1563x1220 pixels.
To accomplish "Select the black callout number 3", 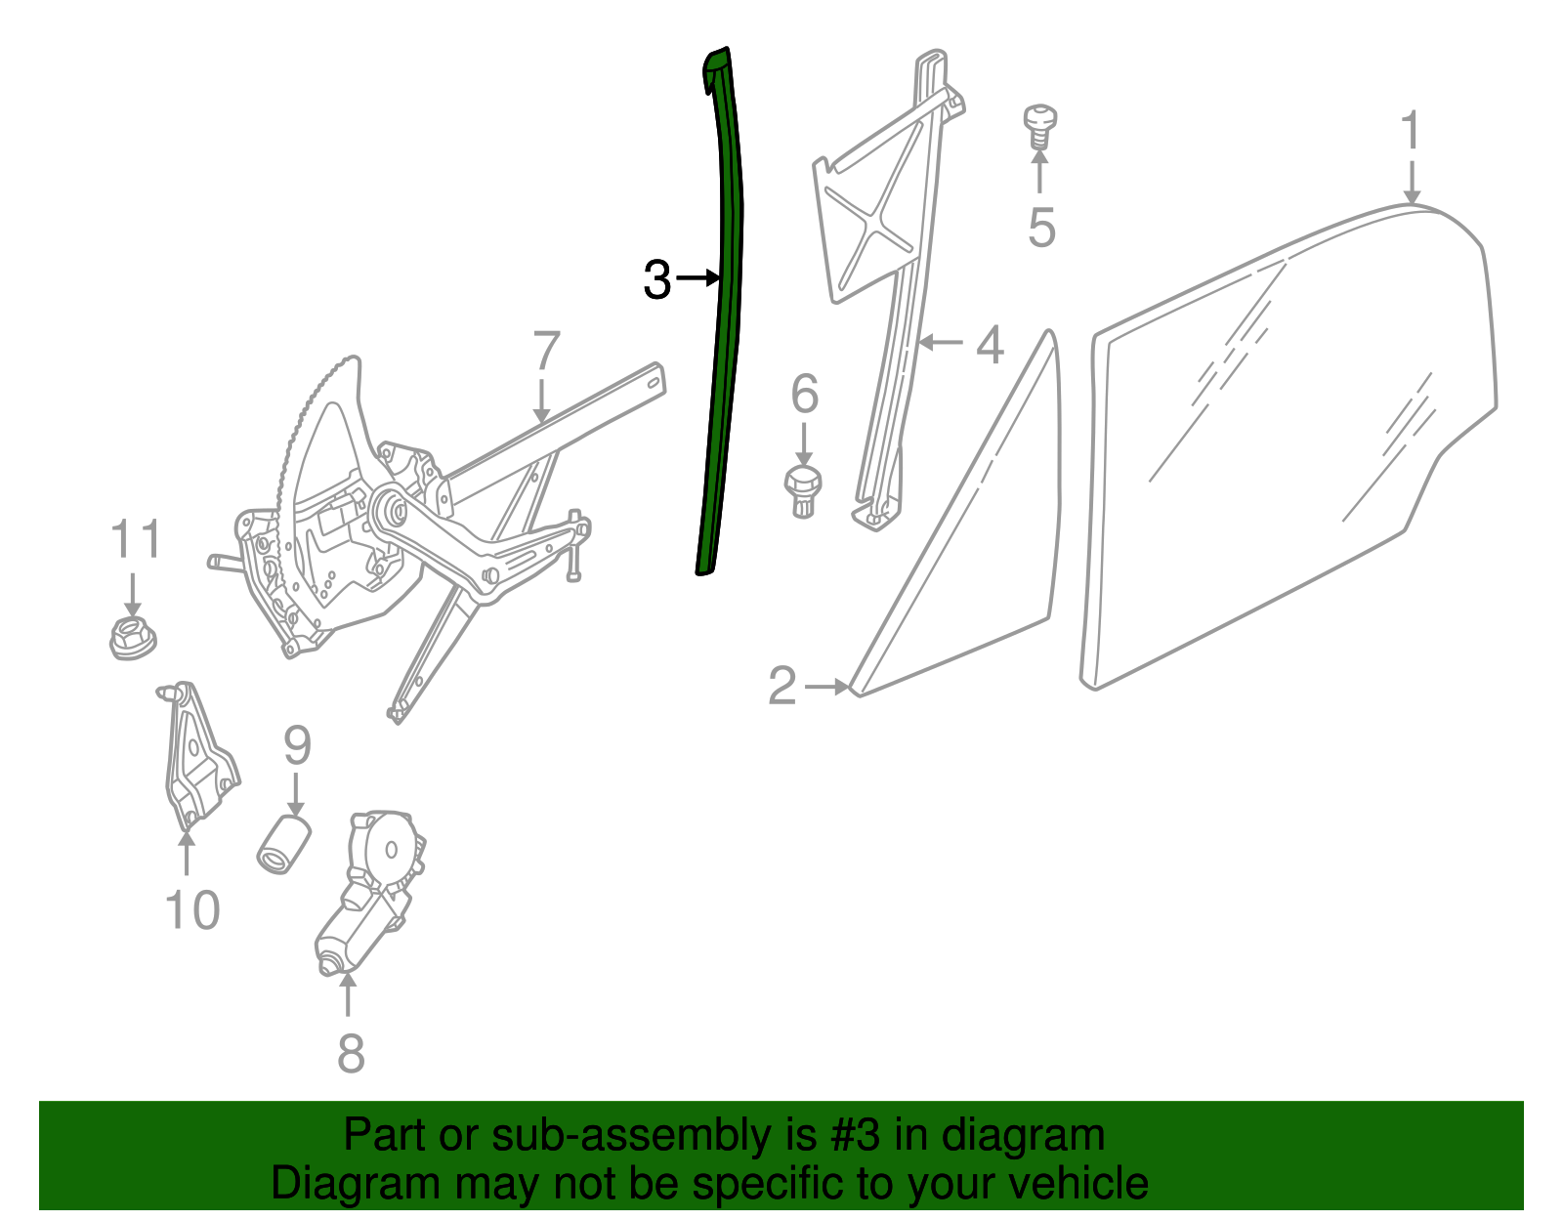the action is coord(656,279).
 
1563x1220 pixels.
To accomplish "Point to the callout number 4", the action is coord(990,345).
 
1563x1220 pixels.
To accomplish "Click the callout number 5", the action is coord(1041,228).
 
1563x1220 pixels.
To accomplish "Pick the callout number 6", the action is coord(804,394).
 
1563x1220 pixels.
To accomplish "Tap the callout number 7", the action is coord(547,351).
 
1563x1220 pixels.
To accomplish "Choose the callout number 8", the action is coord(351,1053).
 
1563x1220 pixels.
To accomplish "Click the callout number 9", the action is coord(297,745).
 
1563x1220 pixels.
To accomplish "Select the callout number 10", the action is coord(192,909).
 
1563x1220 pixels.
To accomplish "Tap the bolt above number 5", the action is coord(1039,127).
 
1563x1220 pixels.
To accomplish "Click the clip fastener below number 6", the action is coord(803,491).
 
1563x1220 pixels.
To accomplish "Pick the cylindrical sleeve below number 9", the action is coord(284,844).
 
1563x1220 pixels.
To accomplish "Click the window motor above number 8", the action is coord(370,892).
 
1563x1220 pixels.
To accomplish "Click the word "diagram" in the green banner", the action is coord(1023,1136).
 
